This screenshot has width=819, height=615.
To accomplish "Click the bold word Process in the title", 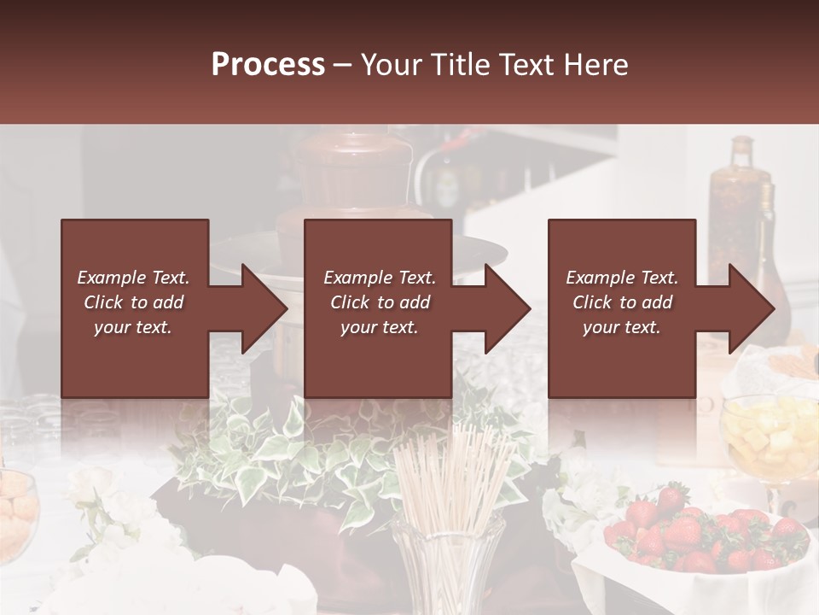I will point(268,65).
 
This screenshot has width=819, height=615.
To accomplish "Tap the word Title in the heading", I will point(458,65).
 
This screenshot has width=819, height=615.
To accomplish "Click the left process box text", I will point(133,302).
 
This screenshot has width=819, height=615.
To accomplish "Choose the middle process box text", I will point(380,302).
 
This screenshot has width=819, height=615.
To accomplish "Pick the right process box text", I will point(622,302).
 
